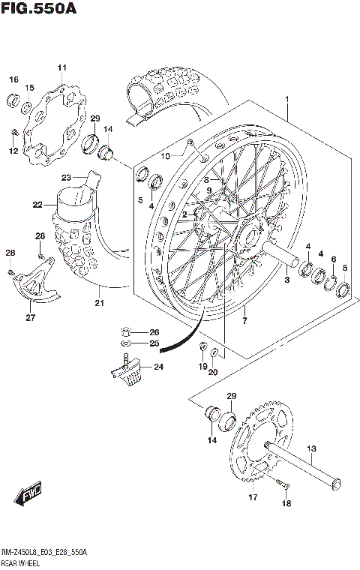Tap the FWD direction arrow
(29, 493)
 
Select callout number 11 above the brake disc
(61, 68)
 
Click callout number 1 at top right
(286, 97)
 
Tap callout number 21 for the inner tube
(98, 303)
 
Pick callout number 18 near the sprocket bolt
(286, 505)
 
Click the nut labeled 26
(128, 331)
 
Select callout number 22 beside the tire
(37, 204)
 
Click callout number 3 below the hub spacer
(286, 280)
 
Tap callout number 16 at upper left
(13, 79)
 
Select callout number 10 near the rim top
(165, 156)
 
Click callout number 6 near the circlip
(333, 259)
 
